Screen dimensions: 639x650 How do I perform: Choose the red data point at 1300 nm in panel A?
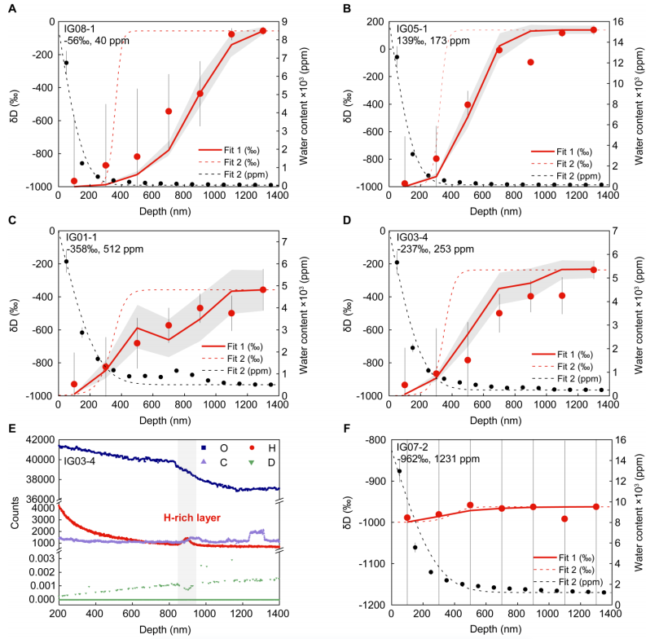(x=263, y=31)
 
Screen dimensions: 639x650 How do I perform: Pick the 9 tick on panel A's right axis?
(x=289, y=23)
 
